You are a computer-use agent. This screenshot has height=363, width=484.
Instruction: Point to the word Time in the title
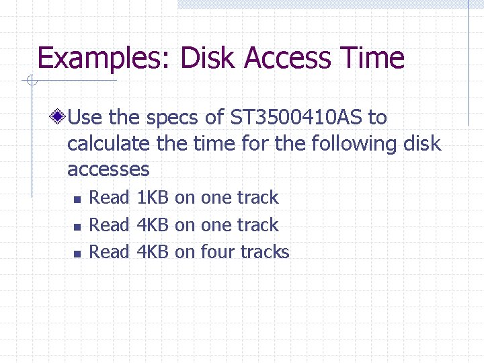point(374,58)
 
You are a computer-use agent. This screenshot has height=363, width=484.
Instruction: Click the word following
point(363,143)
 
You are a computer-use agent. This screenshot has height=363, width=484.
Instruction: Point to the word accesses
point(108,169)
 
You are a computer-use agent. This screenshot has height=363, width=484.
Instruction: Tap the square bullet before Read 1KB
point(77,200)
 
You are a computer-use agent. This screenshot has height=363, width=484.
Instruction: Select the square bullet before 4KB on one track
point(77,227)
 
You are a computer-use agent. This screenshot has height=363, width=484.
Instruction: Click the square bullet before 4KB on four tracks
point(77,253)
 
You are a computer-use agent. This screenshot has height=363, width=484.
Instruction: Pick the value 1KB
point(152,198)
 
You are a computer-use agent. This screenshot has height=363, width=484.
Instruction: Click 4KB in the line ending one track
point(152,225)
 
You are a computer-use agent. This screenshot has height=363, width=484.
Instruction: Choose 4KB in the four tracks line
point(152,252)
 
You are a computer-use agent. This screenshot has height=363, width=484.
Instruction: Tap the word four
point(218,252)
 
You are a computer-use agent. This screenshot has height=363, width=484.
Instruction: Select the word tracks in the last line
point(265,252)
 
